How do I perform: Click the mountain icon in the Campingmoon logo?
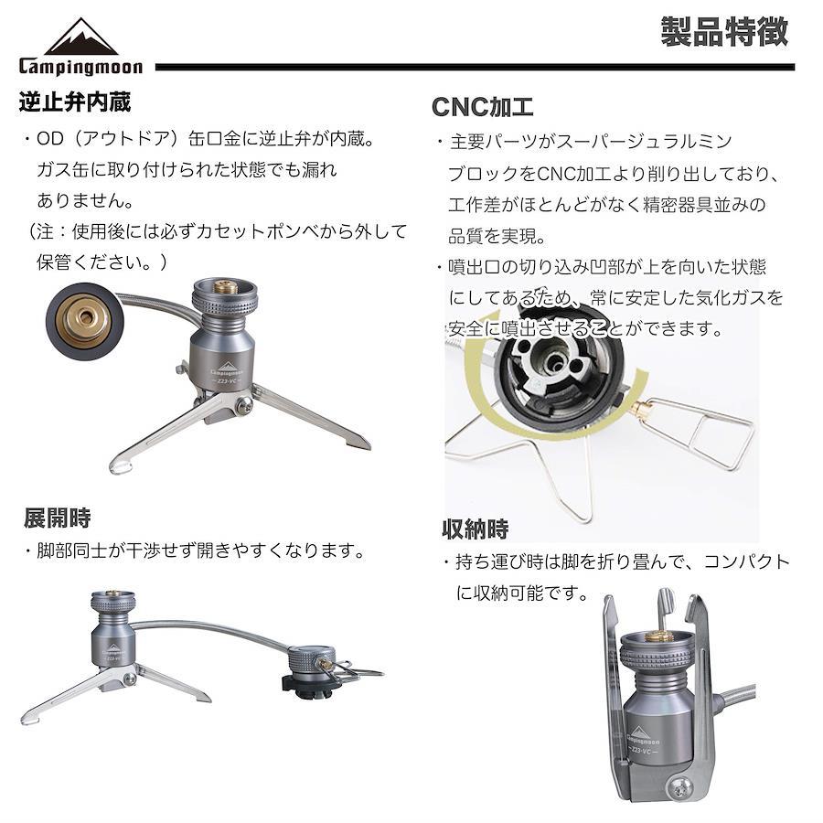click(81, 37)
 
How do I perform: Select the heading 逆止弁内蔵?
click(75, 102)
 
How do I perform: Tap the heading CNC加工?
click(483, 107)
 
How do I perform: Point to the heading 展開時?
click(58, 518)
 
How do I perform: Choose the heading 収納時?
click(476, 529)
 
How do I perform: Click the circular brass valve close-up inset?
click(84, 321)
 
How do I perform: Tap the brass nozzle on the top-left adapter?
click(225, 286)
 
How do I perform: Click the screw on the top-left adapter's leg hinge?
click(243, 403)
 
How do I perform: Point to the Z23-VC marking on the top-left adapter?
click(225, 380)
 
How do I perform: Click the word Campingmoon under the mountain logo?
click(80, 67)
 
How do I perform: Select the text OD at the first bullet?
click(50, 139)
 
